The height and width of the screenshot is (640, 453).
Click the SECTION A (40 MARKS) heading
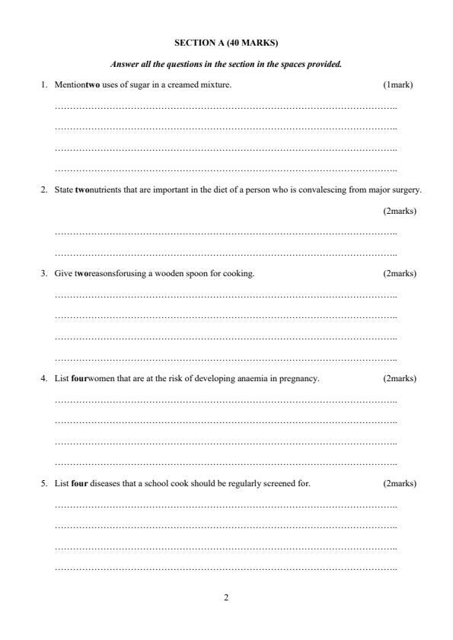[226, 43]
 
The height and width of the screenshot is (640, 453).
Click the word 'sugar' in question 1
[145, 84]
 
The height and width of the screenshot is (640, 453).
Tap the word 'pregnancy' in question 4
[301, 378]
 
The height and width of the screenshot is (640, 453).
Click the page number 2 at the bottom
[226, 597]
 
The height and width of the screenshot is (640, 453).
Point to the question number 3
[43, 273]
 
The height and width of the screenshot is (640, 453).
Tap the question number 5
[43, 483]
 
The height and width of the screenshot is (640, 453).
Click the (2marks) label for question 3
[400, 273]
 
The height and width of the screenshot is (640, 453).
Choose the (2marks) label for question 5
[400, 483]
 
